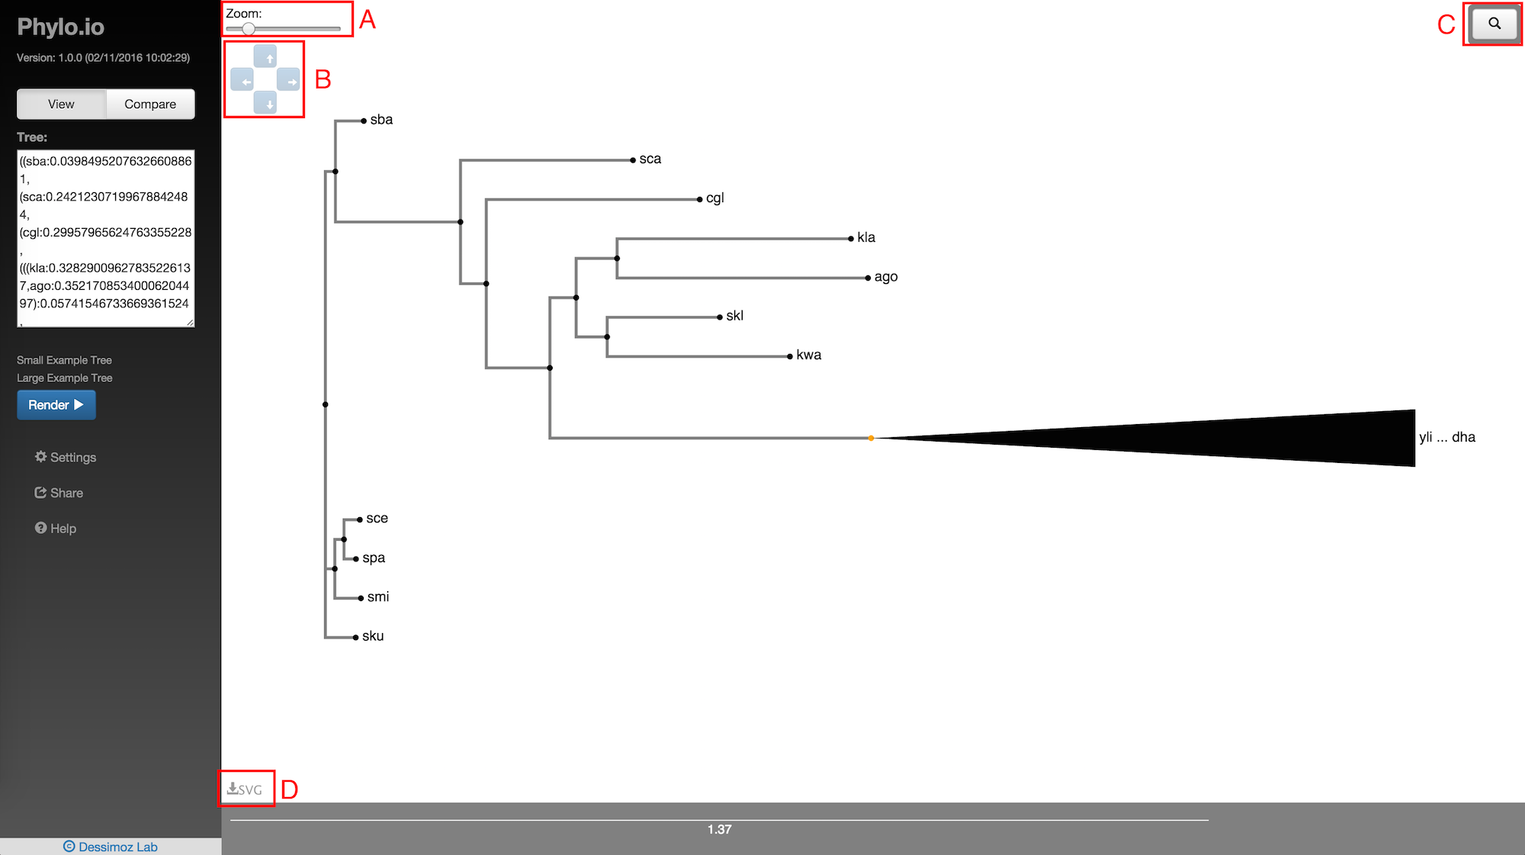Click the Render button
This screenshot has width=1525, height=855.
point(56,405)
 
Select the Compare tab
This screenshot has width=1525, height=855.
point(150,104)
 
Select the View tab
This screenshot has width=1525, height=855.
point(61,104)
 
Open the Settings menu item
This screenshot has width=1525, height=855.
point(66,457)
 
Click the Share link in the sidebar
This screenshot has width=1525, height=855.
point(59,493)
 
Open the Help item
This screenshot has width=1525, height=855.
point(56,529)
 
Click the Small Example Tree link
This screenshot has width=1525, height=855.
point(64,360)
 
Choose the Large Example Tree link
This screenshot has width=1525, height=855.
point(64,378)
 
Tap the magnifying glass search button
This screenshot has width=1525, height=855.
point(1494,24)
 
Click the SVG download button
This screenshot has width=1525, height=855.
point(245,789)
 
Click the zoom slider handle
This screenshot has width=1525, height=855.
point(249,29)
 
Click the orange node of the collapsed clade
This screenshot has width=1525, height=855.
point(871,438)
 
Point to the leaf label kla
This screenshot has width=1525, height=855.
point(866,237)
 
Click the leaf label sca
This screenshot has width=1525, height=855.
point(650,159)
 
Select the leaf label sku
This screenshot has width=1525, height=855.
point(373,636)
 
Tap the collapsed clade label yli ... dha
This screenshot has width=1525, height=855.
point(1446,437)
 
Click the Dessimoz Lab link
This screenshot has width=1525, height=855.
point(111,847)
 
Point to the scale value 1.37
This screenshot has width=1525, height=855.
point(719,830)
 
